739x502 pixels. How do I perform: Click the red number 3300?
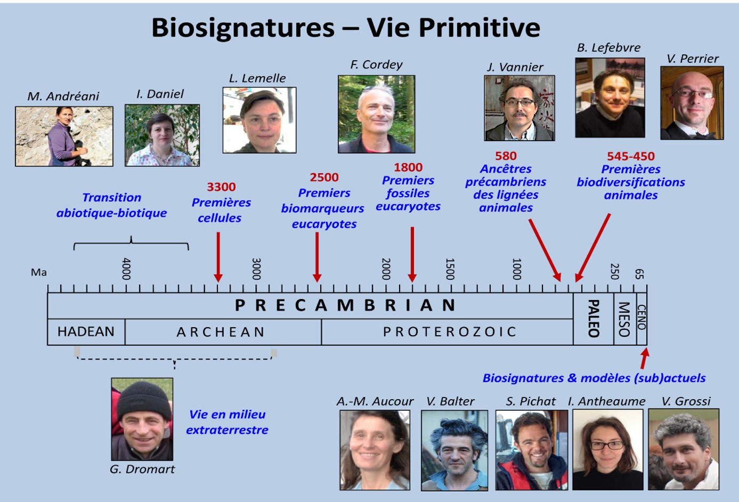pyautogui.click(x=221, y=187)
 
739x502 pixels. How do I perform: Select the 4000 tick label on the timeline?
pyautogui.click(x=126, y=269)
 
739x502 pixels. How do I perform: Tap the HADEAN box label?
pyautogui.click(x=86, y=331)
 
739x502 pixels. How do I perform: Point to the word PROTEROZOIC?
pyautogui.click(x=449, y=331)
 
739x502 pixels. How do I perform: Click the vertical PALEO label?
pyautogui.click(x=594, y=319)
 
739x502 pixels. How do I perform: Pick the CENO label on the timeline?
pyautogui.click(x=641, y=317)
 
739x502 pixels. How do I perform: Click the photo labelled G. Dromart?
pyautogui.click(x=142, y=419)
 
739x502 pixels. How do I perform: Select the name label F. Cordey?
pyautogui.click(x=376, y=64)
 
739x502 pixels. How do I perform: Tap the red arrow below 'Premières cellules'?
pyautogui.click(x=218, y=257)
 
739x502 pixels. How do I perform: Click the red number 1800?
pyautogui.click(x=408, y=167)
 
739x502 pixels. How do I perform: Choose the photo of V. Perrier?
pyautogui.click(x=692, y=103)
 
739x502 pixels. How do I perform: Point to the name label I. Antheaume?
pyautogui.click(x=607, y=401)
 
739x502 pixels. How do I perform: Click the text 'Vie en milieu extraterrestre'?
pyautogui.click(x=228, y=422)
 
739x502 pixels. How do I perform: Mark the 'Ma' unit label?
pyautogui.click(x=38, y=272)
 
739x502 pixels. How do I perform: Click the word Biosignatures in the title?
pyautogui.click(x=243, y=28)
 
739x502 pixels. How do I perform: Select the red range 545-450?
pyautogui.click(x=630, y=156)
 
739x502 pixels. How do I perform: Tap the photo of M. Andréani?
pyautogui.click(x=64, y=136)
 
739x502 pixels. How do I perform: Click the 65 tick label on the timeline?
pyautogui.click(x=639, y=274)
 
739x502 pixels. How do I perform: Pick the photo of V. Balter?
pyautogui.click(x=454, y=450)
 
